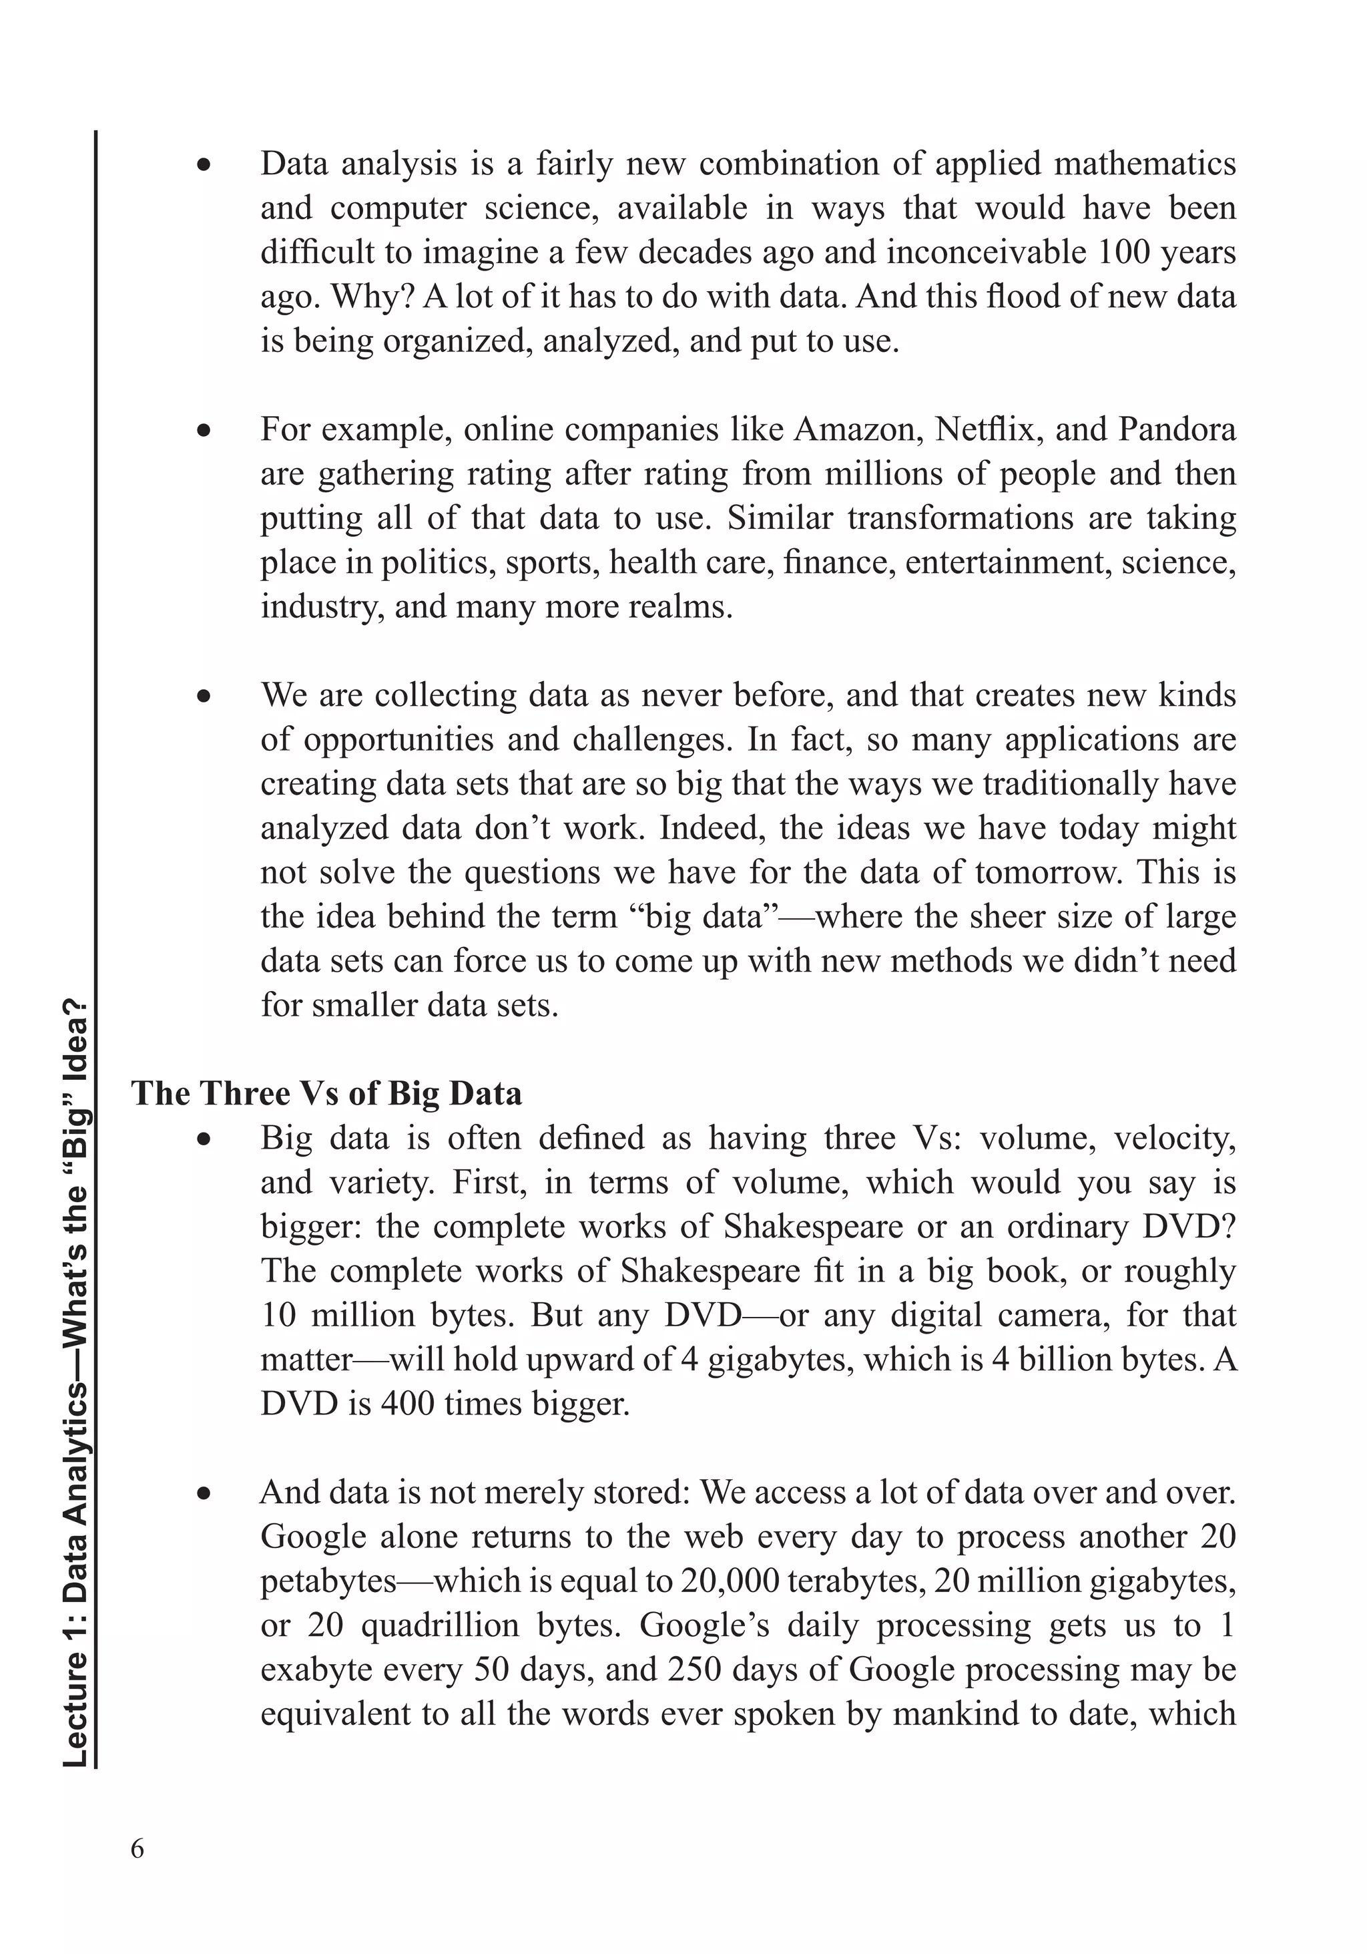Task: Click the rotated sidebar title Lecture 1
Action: [77, 1379]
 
